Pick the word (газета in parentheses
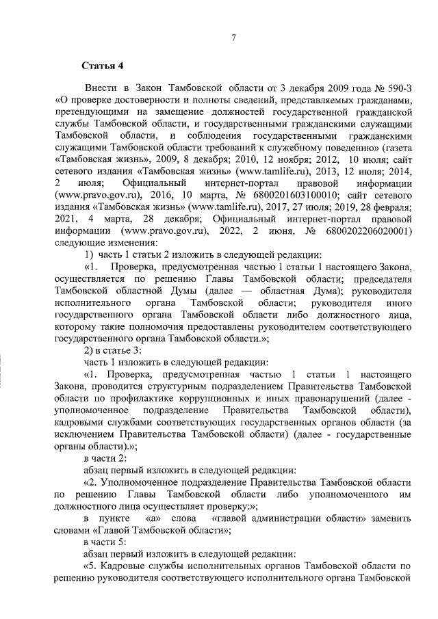394,147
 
